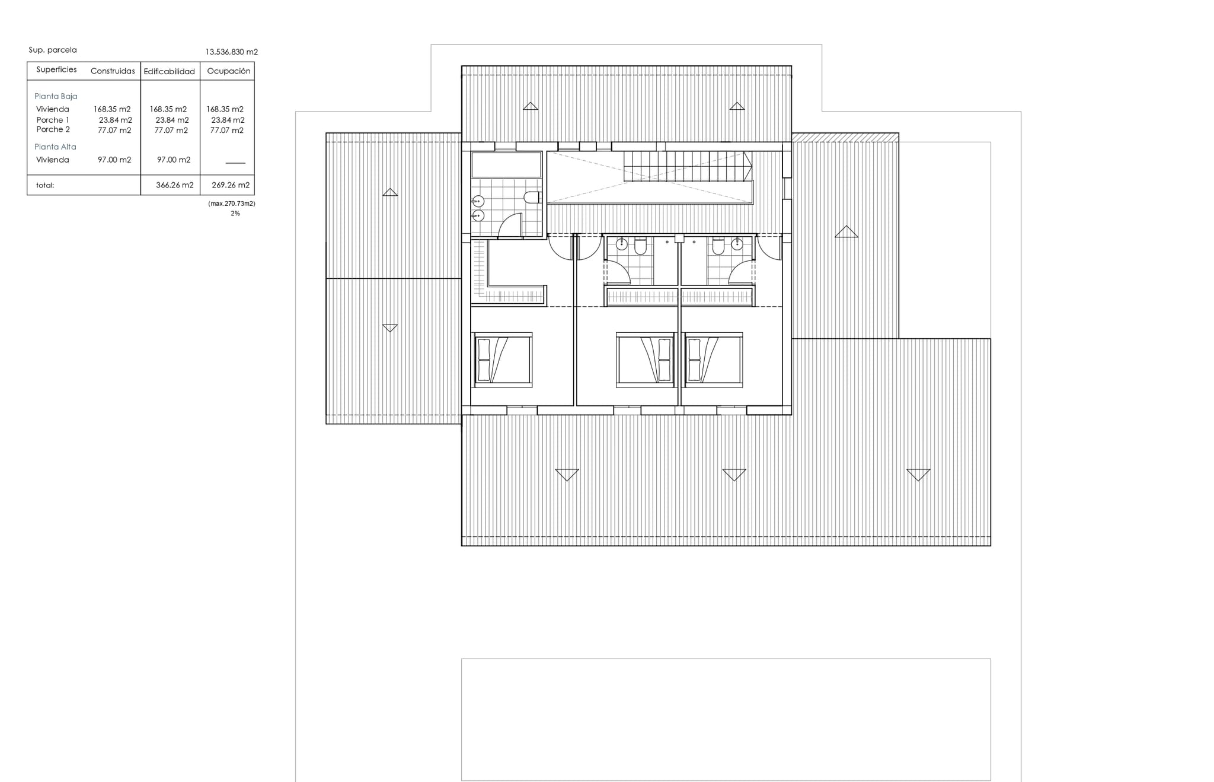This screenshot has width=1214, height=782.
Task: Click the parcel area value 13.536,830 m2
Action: click(x=232, y=52)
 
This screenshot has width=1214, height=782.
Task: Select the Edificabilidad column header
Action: click(x=169, y=71)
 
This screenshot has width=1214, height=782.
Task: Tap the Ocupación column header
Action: click(x=229, y=71)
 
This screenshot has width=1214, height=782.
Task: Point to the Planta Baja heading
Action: click(x=56, y=96)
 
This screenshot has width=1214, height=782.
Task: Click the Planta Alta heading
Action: click(x=55, y=147)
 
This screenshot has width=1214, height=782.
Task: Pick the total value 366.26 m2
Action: click(x=175, y=185)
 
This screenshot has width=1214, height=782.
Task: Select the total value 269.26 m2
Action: click(x=231, y=185)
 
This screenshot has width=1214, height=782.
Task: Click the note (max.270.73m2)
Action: click(x=232, y=204)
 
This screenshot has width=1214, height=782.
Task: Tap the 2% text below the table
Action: click(x=235, y=214)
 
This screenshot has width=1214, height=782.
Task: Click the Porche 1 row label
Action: click(x=53, y=120)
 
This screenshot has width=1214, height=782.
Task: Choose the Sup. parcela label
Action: click(x=53, y=50)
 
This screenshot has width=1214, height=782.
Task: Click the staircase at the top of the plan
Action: click(x=688, y=166)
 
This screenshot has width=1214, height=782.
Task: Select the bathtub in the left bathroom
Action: click(x=506, y=164)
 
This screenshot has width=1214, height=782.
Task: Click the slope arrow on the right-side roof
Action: click(x=846, y=232)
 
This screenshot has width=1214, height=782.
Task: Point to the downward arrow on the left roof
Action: click(x=390, y=328)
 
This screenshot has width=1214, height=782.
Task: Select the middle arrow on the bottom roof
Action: click(x=734, y=475)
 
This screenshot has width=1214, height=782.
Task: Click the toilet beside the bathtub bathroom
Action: click(x=532, y=197)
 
